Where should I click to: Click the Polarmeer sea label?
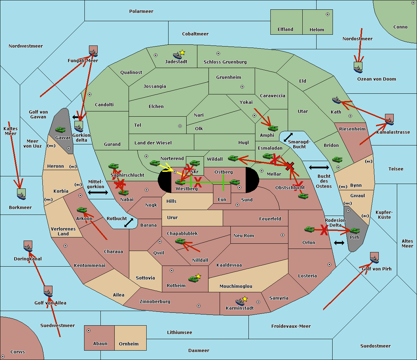141,11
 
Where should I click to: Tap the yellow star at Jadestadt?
182,52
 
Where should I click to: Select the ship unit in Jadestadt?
177,56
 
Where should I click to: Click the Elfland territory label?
285,30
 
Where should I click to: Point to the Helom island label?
317,30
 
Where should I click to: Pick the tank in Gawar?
60,130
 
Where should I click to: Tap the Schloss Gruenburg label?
225,62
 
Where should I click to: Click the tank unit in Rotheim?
193,279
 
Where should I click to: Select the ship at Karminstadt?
240,302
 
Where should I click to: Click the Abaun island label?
100,344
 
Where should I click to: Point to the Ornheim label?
129,344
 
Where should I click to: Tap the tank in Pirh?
354,231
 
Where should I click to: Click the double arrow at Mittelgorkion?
98,192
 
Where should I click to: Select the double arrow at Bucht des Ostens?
319,168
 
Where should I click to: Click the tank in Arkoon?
82,210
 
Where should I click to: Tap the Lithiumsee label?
179,333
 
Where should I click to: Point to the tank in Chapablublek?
180,241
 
